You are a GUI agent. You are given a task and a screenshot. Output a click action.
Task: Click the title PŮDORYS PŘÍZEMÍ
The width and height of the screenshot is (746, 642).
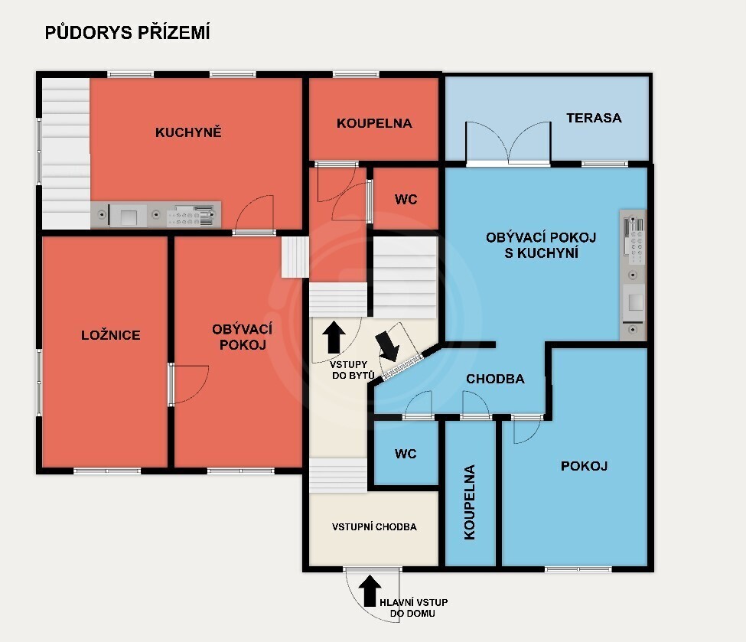127,32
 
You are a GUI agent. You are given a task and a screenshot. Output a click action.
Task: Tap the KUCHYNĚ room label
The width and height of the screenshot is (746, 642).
188,132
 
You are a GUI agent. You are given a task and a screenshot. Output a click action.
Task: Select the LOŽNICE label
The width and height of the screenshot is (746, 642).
111,335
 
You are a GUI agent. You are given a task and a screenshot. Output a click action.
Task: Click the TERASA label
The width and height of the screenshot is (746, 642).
594,118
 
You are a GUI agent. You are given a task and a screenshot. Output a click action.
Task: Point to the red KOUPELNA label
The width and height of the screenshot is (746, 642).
374,123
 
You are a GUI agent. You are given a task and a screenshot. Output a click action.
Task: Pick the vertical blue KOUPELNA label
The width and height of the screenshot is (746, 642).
470,502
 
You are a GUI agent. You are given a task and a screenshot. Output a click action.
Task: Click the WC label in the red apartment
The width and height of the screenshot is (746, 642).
406,200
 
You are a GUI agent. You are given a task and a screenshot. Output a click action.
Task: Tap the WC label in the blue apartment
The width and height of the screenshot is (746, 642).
406,454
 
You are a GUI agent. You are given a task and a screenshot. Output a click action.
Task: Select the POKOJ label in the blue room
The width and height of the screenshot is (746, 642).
585,466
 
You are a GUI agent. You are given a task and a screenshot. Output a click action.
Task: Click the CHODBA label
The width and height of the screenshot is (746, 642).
495,379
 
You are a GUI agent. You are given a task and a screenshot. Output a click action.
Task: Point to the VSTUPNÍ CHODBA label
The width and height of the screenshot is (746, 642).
374,526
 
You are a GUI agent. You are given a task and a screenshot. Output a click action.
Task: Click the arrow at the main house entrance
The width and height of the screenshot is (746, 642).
370,591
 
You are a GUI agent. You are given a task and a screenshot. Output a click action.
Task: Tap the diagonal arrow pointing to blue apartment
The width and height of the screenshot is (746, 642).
387,346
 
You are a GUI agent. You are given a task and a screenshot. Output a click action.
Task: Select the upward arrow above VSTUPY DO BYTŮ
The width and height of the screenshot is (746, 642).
334,337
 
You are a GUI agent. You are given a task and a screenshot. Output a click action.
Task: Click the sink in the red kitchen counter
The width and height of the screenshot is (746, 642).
128,216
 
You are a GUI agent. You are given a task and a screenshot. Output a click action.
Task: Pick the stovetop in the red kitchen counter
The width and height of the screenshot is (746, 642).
191,216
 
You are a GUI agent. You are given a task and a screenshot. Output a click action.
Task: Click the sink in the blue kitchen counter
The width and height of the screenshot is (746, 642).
634,302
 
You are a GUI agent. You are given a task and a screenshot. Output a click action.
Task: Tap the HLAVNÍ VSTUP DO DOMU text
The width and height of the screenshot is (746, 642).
413,608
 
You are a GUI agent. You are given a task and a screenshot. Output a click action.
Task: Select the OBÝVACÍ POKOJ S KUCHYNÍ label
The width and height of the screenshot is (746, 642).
541,245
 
